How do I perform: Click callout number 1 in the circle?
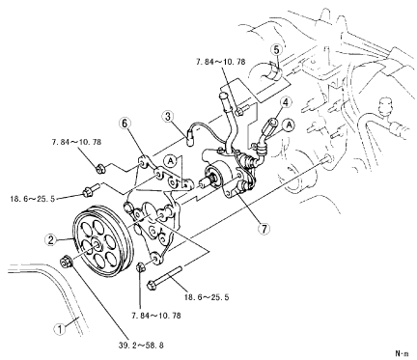click(60, 329)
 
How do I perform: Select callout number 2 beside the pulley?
click(51, 240)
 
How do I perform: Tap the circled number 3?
click(168, 117)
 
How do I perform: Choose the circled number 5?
click(277, 50)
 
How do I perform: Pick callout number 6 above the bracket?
click(125, 124)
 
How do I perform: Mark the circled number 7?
click(264, 229)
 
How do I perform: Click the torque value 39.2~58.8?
click(141, 346)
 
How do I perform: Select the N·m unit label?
click(402, 353)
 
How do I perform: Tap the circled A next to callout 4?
click(290, 125)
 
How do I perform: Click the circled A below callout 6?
click(171, 161)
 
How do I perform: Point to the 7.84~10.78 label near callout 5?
click(220, 62)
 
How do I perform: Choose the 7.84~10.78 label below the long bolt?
click(156, 316)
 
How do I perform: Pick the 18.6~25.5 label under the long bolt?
click(207, 297)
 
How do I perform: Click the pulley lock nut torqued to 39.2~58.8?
click(67, 262)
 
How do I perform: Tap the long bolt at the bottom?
click(165, 278)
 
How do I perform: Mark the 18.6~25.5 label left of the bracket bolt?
click(33, 199)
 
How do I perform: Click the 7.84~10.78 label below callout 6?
click(76, 142)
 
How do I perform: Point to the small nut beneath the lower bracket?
click(140, 266)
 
